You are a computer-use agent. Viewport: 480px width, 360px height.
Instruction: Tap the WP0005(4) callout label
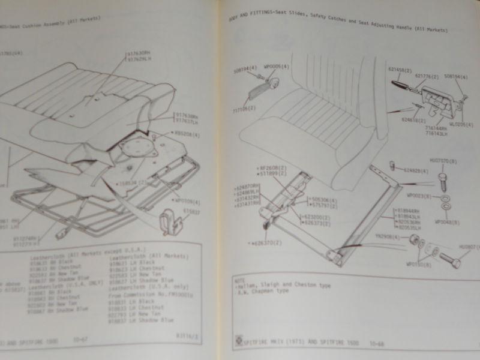click(x=278, y=66)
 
